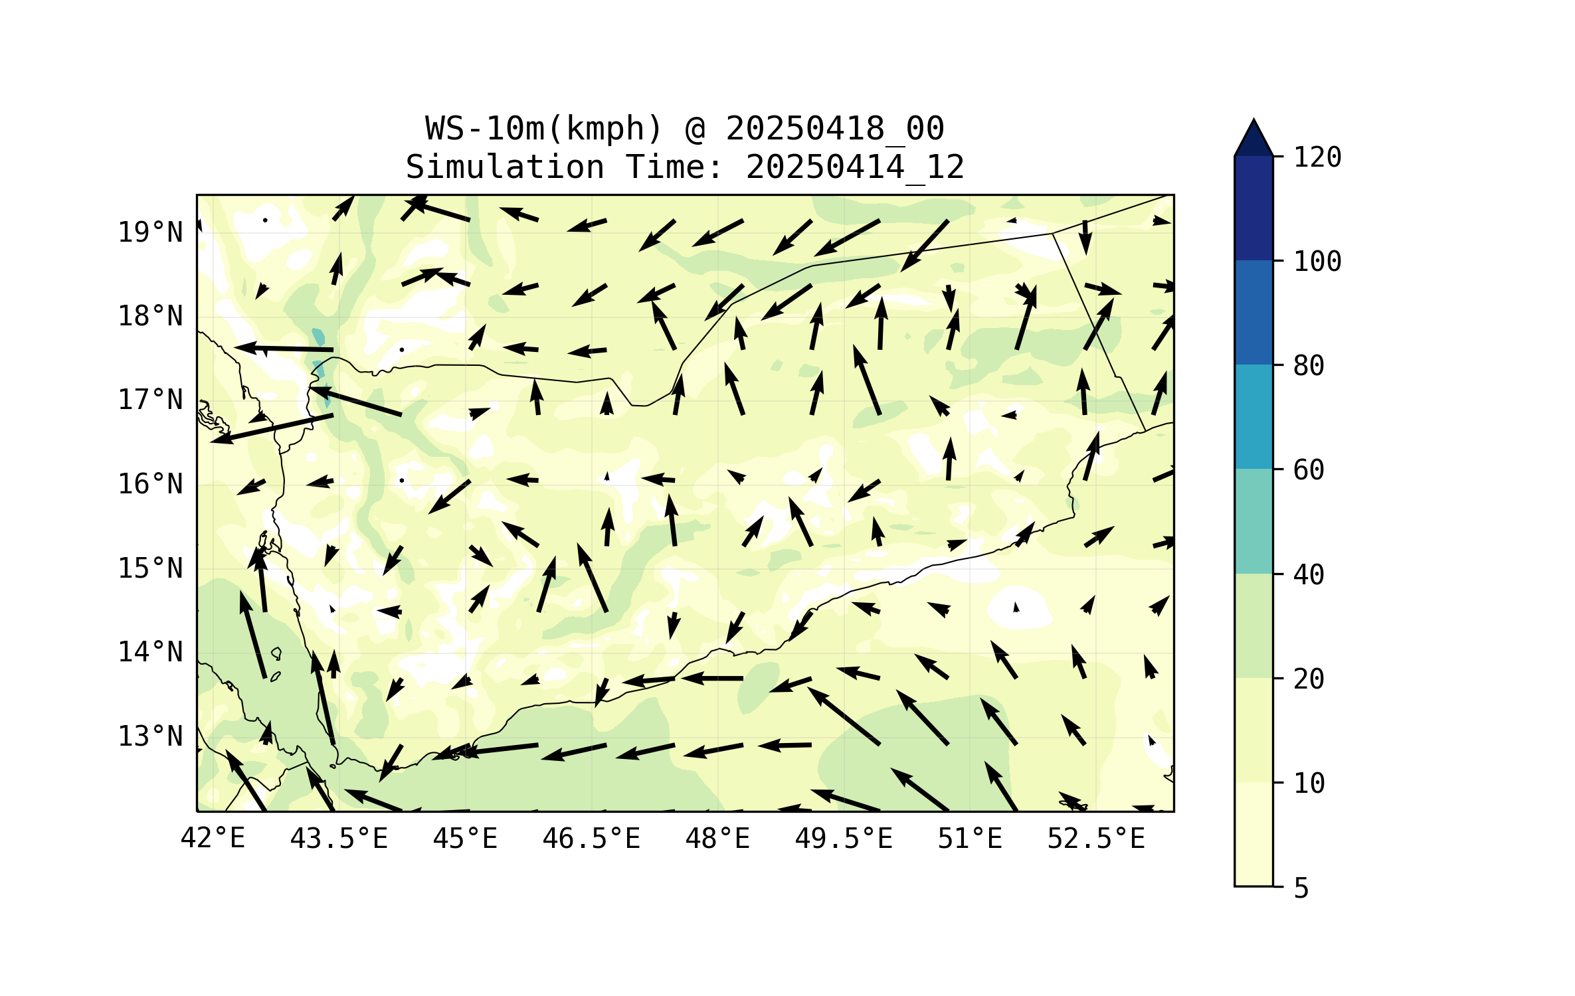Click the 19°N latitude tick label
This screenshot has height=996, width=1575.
(x=150, y=232)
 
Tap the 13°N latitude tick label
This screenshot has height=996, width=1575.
(x=150, y=736)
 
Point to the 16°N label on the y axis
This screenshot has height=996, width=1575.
(x=150, y=484)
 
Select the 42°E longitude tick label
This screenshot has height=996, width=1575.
(x=213, y=839)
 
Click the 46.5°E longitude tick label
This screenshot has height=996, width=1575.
(x=591, y=839)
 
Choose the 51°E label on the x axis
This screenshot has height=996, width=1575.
(x=970, y=839)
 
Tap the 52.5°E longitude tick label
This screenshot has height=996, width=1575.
(x=1096, y=839)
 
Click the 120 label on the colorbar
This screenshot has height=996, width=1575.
(x=1317, y=157)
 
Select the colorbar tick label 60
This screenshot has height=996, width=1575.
(x=1309, y=470)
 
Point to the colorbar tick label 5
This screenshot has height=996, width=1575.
(x=1301, y=888)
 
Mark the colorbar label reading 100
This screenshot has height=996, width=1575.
(x=1317, y=262)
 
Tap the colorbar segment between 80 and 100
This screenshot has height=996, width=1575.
(x=1253, y=312)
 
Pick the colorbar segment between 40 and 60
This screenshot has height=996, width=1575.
(x=1253, y=521)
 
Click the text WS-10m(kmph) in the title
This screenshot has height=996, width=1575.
(x=544, y=128)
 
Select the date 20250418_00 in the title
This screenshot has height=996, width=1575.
(x=834, y=128)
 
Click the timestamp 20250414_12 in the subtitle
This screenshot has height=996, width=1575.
(x=855, y=167)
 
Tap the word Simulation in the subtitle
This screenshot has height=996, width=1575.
(x=505, y=167)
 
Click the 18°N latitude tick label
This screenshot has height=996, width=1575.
(x=150, y=316)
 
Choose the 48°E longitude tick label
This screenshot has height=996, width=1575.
(x=717, y=839)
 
